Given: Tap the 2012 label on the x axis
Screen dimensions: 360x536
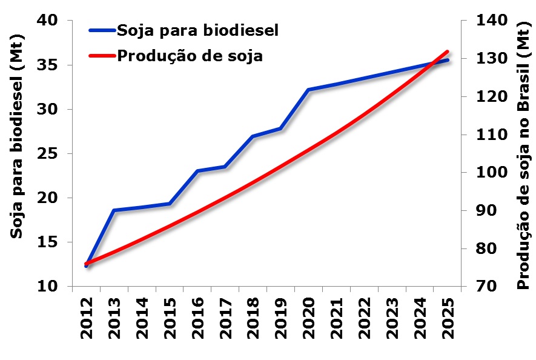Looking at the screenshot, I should pos(87,316).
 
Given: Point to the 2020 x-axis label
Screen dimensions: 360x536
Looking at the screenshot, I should pos(308,316).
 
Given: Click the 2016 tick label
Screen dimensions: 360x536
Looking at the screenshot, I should pos(197,316).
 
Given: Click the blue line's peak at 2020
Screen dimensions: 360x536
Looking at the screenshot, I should pos(308,90).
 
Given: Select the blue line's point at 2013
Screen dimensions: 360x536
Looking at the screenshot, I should pos(114,210).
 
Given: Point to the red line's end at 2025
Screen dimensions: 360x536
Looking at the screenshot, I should pos(448,52).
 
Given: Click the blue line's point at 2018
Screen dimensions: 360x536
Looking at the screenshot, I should pos(253,136).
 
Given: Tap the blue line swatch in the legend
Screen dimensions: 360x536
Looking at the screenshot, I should pos(101,30).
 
